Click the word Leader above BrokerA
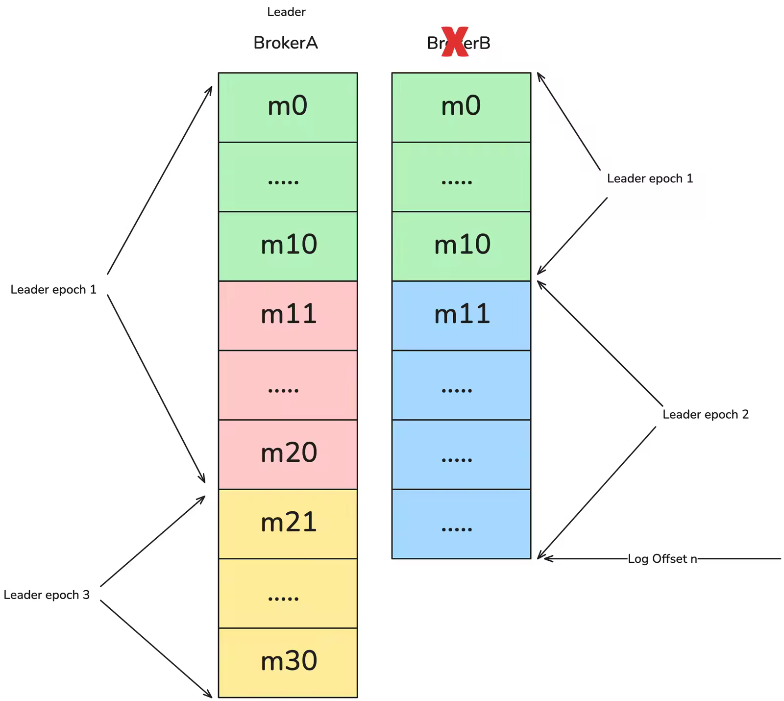click(x=286, y=12)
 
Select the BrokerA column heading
click(x=286, y=43)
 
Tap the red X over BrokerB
click(x=455, y=43)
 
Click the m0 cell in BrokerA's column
click(x=288, y=107)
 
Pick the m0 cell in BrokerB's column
click(x=461, y=107)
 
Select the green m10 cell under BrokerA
click(x=288, y=246)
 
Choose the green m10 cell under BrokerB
click(x=461, y=246)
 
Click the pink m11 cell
click(x=288, y=315)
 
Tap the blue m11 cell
click(x=461, y=315)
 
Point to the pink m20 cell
click(x=288, y=454)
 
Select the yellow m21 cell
click(x=288, y=524)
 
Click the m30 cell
click(x=288, y=662)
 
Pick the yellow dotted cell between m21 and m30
click(x=288, y=593)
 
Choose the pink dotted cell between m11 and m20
click(x=288, y=385)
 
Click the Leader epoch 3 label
click(x=47, y=595)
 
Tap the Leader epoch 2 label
click(x=706, y=414)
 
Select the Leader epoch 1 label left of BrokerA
click(x=53, y=289)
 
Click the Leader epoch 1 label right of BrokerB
click(x=650, y=178)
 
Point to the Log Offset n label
click(x=662, y=558)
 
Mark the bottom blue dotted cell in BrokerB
click(x=461, y=524)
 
